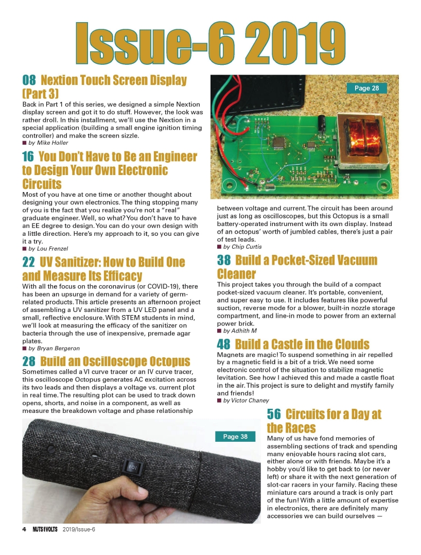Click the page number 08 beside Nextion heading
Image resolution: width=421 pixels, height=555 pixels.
[29, 80]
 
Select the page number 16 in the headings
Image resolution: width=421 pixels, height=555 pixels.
[29, 157]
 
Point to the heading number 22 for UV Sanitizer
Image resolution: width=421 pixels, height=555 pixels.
[29, 262]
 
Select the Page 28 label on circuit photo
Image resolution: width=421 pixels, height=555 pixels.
[366, 88]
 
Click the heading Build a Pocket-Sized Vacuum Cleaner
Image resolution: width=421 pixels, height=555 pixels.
[297, 267]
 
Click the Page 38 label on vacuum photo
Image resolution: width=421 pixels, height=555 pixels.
[235, 437]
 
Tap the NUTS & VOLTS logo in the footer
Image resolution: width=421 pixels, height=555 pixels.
[43, 530]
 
